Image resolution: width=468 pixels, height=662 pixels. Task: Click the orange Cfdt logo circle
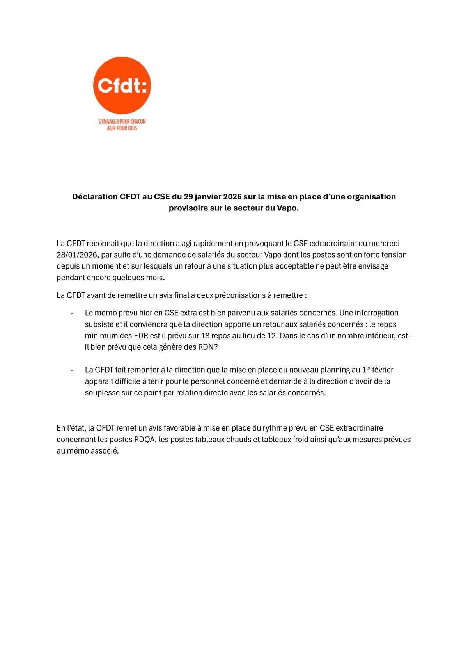(122, 85)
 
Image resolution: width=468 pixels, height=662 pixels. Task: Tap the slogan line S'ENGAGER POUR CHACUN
(122, 122)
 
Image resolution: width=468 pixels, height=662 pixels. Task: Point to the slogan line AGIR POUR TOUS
(122, 128)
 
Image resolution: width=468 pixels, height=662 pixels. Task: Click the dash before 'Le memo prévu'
(72, 313)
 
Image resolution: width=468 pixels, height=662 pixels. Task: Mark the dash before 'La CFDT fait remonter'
(72, 370)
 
